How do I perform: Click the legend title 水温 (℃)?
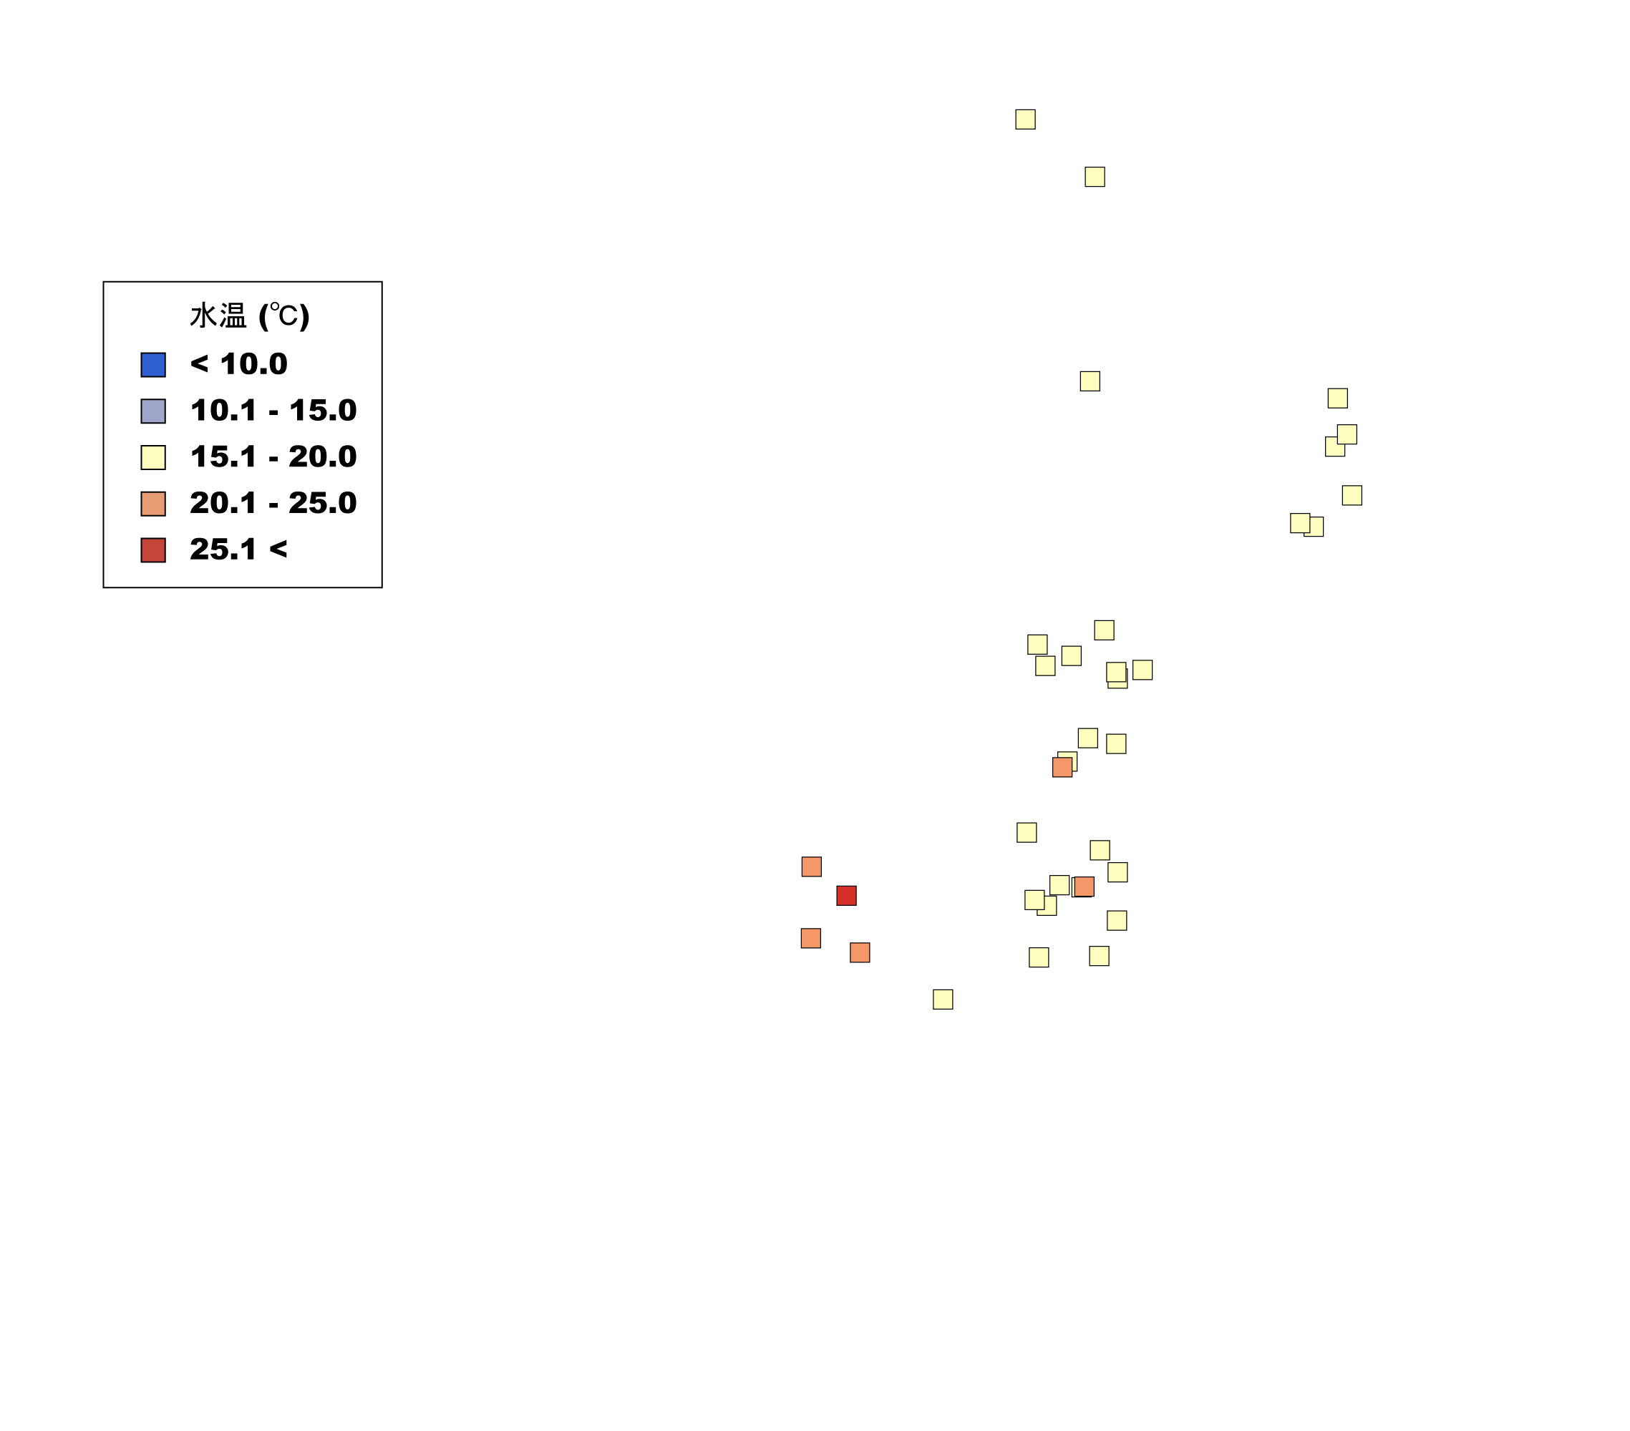[250, 316]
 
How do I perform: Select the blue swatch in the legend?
[153, 364]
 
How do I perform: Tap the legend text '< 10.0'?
[238, 363]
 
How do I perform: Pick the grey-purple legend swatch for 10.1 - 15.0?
[153, 411]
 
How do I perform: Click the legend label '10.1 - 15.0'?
[273, 410]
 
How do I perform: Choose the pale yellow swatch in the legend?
[153, 456]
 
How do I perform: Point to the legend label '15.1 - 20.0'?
[273, 456]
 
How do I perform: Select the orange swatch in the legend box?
[153, 503]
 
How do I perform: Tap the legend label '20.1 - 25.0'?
[273, 502]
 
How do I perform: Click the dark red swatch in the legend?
[153, 550]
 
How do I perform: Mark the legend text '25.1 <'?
[238, 549]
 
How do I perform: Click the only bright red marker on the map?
[846, 895]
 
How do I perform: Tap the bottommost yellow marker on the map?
[943, 999]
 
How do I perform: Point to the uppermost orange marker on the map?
[1062, 767]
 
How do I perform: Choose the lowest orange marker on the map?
[860, 952]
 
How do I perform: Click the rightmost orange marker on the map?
[1084, 886]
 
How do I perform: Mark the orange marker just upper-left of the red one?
[811, 866]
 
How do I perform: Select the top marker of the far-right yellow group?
[1337, 398]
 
